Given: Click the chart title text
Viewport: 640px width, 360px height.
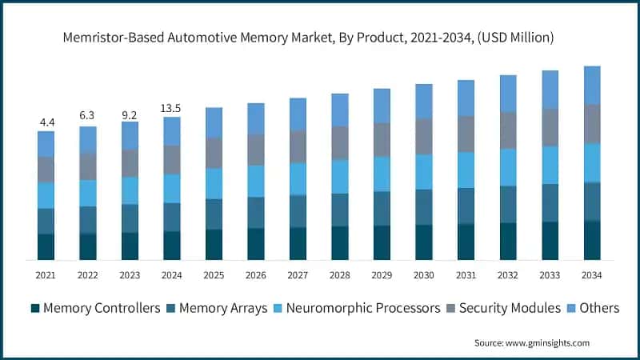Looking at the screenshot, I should [320, 38].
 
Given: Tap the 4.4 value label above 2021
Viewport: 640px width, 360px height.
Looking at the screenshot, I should [46, 122].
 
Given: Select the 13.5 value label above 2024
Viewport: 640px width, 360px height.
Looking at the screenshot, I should [171, 109].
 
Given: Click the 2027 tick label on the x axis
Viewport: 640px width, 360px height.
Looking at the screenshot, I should [298, 275].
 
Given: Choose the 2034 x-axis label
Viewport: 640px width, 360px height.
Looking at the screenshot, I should [592, 275].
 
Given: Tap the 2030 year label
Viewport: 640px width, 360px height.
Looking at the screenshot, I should [423, 275].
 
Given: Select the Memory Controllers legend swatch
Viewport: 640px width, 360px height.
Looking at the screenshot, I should [35, 308].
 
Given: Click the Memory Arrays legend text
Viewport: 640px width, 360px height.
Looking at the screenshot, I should [223, 308].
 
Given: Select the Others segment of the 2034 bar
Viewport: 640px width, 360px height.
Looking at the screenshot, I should [592, 85].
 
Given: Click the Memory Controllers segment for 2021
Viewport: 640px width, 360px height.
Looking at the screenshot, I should [46, 246].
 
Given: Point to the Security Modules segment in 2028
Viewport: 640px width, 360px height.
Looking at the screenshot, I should [340, 142].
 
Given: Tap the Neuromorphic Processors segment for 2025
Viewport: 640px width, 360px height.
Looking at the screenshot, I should [214, 183].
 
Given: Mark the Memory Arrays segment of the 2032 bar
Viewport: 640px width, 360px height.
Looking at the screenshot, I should [508, 204].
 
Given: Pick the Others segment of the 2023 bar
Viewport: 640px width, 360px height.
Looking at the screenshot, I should [130, 135].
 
